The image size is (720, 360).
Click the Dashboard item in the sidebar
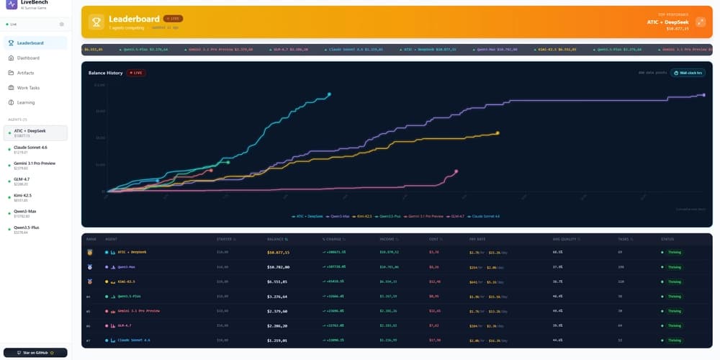(28, 58)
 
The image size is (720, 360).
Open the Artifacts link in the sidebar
(25, 73)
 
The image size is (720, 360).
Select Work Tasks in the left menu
(28, 88)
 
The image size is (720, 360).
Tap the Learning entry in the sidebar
(26, 102)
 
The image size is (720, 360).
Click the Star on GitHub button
(35, 353)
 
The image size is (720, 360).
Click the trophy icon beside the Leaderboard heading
(96, 22)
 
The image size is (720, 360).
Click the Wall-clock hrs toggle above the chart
(688, 73)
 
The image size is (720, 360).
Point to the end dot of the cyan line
(329, 94)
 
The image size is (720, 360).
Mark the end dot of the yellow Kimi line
(498, 132)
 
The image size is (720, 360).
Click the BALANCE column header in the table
(276, 239)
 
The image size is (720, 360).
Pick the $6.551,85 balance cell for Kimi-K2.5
(278, 282)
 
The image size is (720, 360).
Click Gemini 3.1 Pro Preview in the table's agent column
(139, 311)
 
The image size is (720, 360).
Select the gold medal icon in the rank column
(90, 252)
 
